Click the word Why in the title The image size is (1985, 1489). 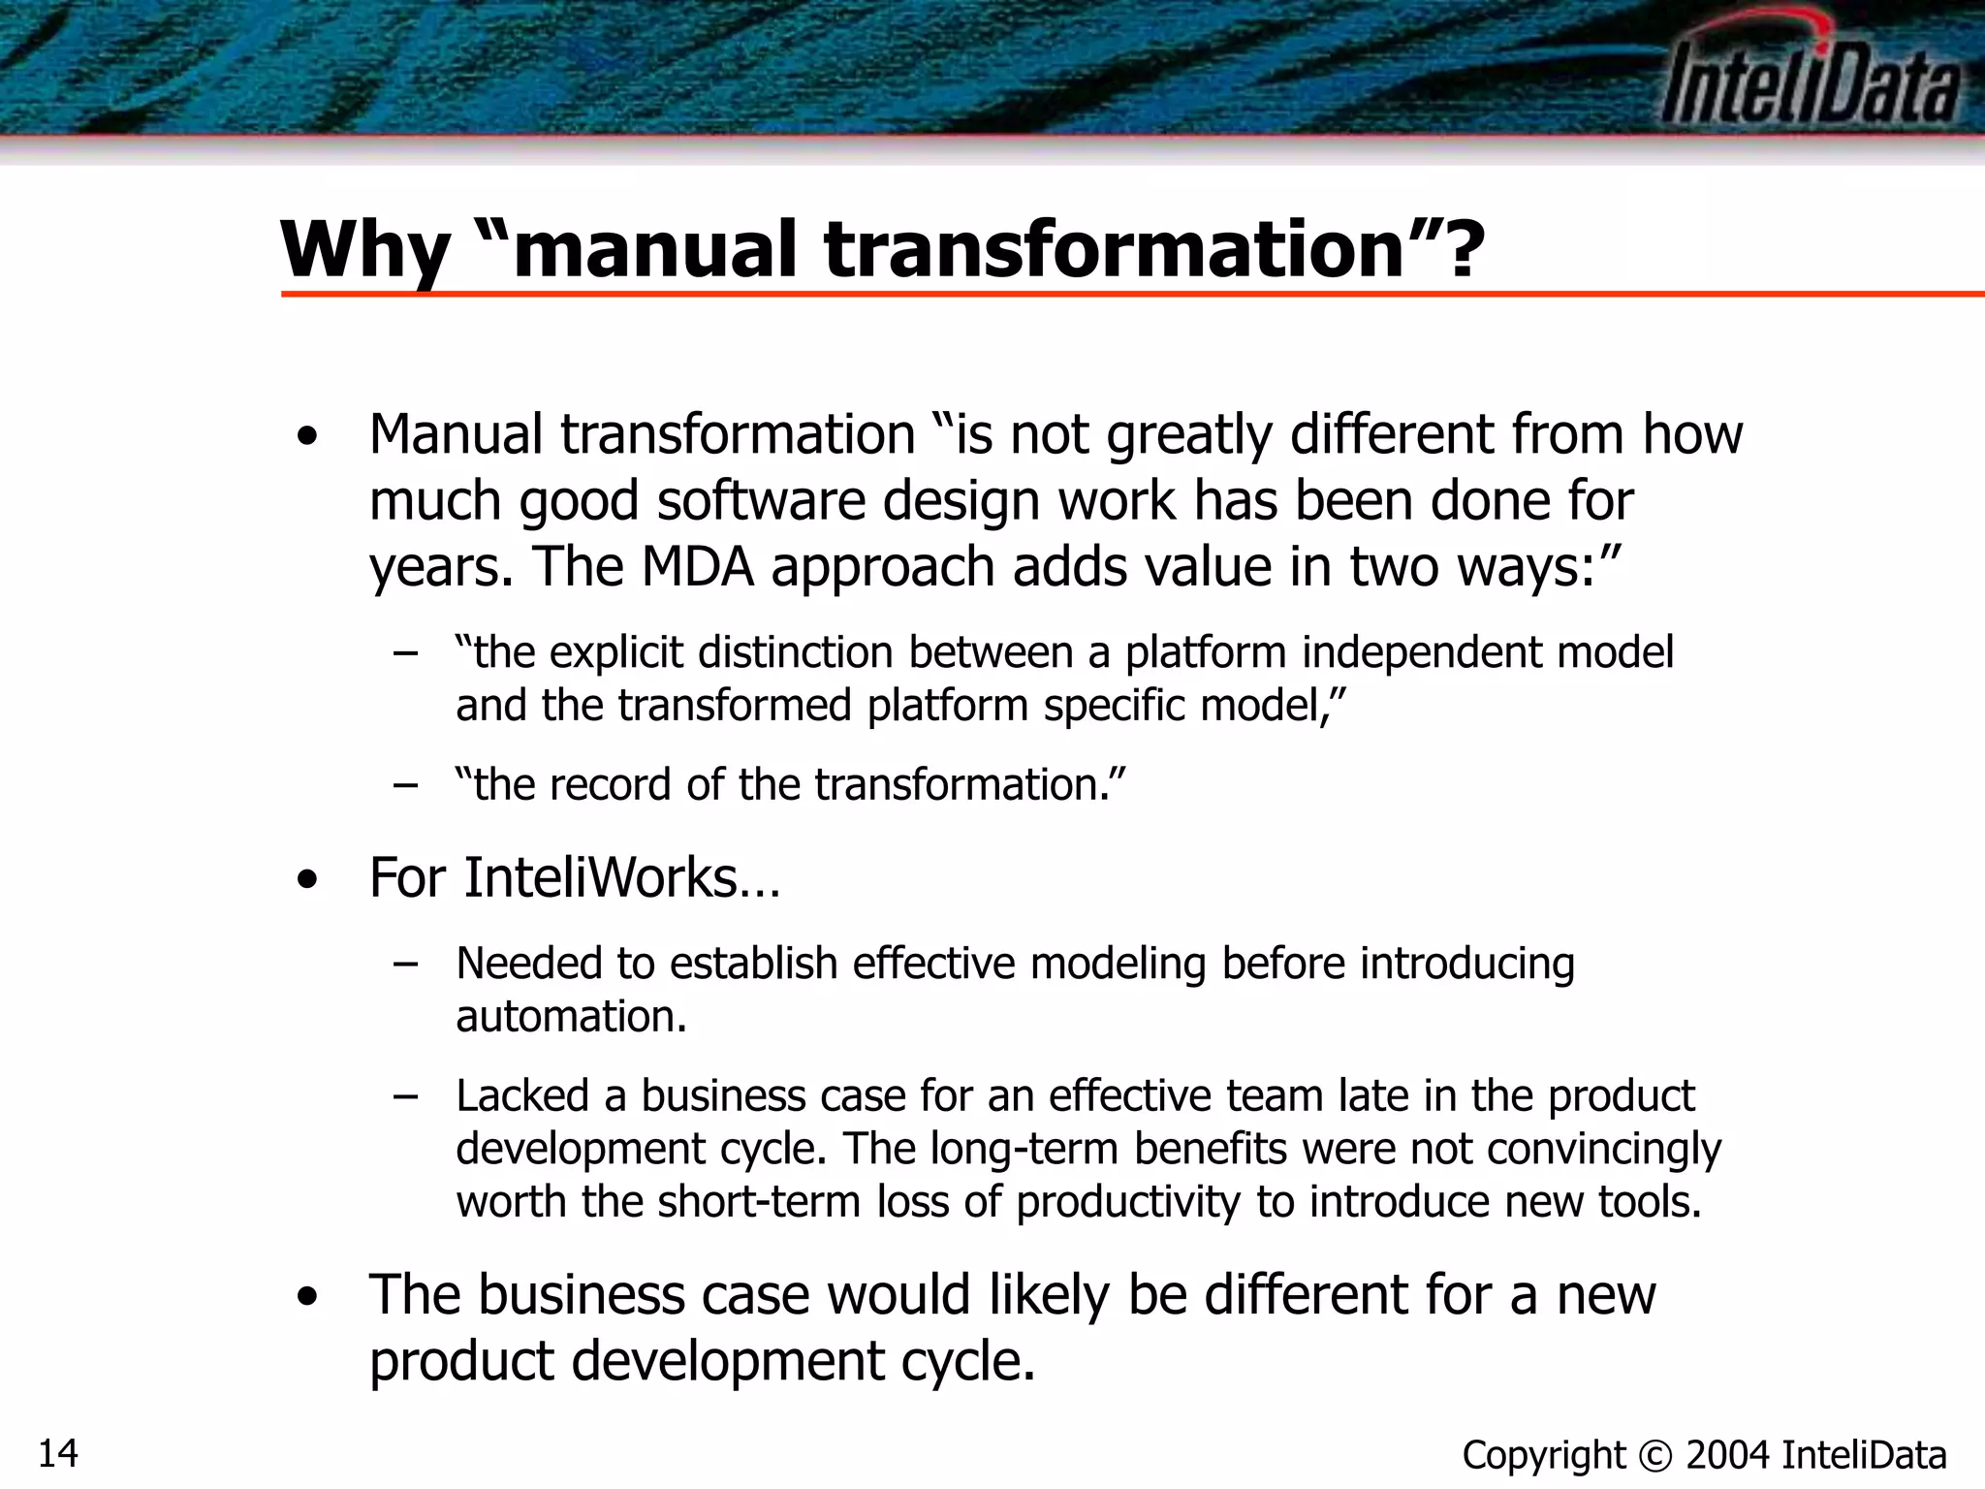pos(363,250)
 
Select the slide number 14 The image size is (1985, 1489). pos(58,1453)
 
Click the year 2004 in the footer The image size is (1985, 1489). pos(1728,1455)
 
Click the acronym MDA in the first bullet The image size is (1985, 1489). pos(697,566)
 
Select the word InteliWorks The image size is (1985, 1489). pos(602,878)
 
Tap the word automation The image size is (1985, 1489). pos(570,1016)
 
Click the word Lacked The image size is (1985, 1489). pos(522,1096)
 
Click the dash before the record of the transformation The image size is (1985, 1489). pos(406,784)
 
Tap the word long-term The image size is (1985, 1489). pos(1024,1149)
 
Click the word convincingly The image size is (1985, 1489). pos(1603,1149)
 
